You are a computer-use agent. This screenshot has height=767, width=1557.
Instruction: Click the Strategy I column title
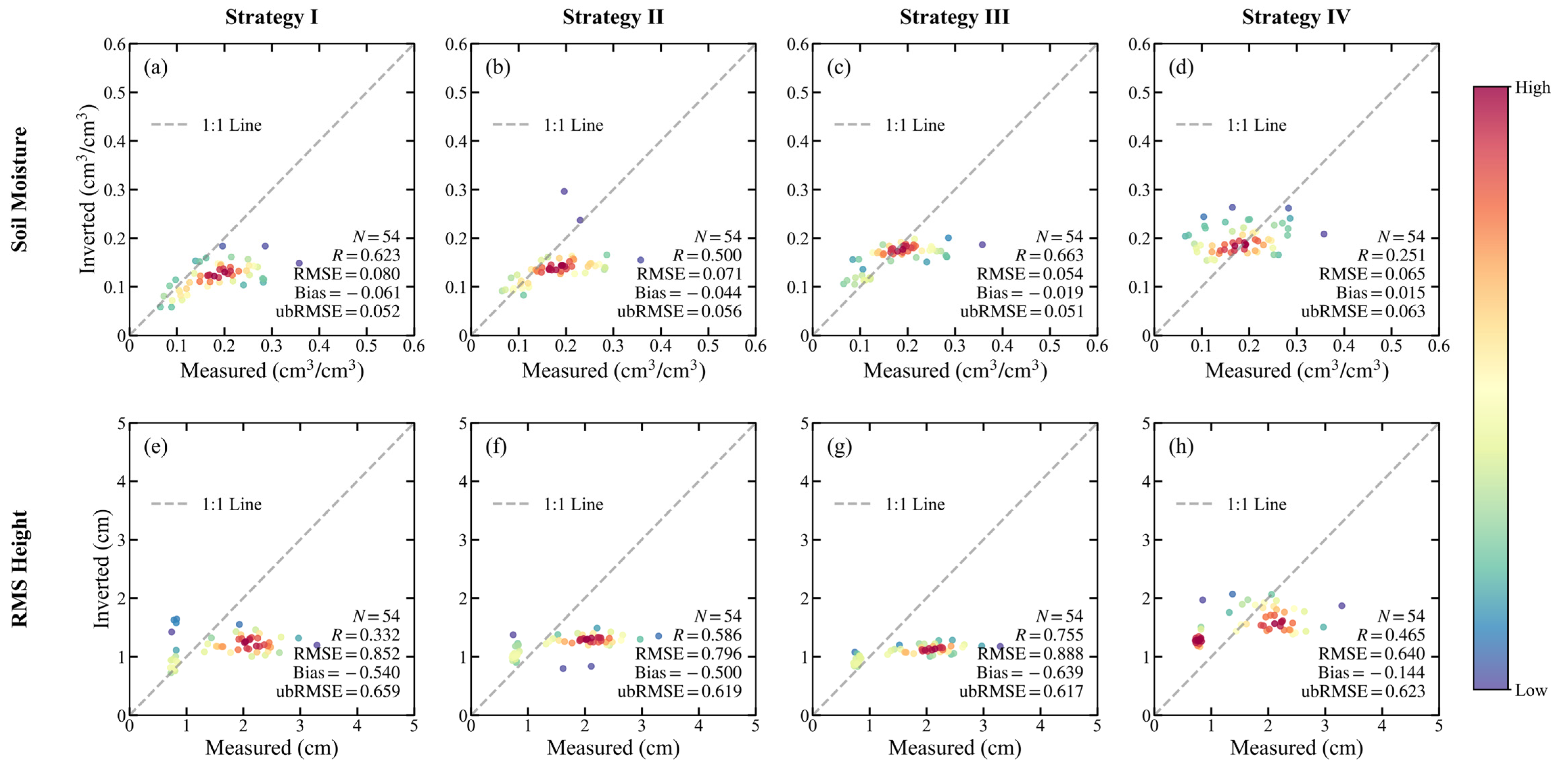272,17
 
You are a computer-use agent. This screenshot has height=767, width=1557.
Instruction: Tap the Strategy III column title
954,17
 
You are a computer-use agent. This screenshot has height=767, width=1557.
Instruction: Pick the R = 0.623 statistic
366,255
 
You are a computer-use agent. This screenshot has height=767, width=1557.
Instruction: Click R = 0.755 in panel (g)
1049,635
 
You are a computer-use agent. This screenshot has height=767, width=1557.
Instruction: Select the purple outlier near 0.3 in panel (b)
564,191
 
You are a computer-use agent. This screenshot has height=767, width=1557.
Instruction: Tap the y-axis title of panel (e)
101,569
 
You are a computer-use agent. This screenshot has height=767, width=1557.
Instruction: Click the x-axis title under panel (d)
1297,370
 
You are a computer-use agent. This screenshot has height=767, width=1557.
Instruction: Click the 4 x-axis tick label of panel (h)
1382,725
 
